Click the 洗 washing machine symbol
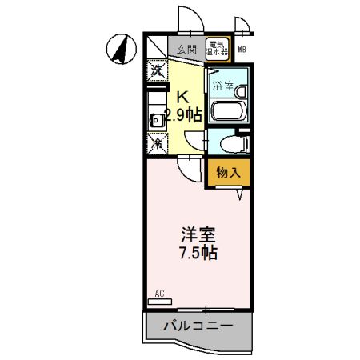pyautogui.click(x=157, y=70)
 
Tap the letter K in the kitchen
pyautogui.click(x=183, y=96)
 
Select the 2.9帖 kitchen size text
pyautogui.click(x=184, y=114)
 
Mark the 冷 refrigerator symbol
pyautogui.click(x=158, y=143)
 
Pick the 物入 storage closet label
pyautogui.click(x=226, y=171)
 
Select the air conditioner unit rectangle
pyautogui.click(x=160, y=301)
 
